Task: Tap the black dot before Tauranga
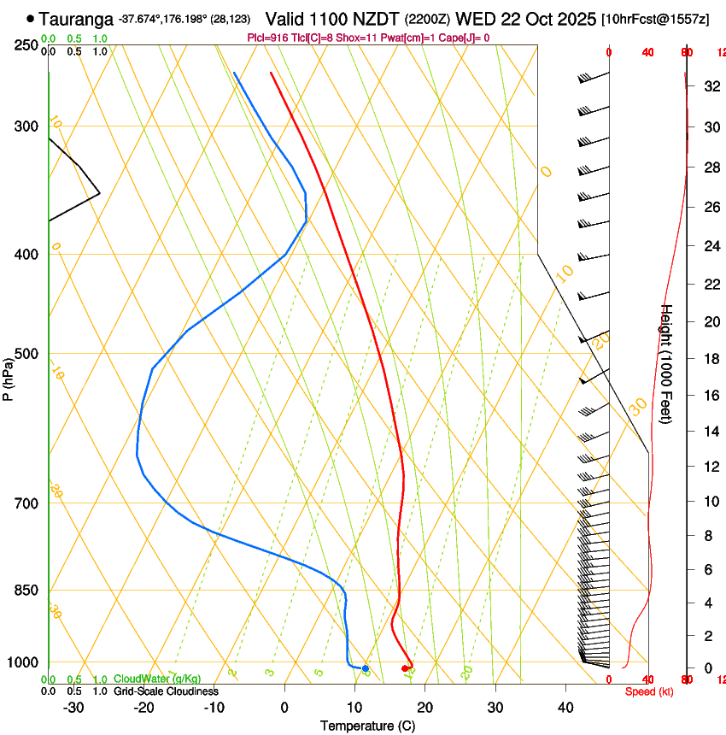[31, 18]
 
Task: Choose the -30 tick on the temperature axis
[73, 708]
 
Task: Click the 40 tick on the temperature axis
[565, 708]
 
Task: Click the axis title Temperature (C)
[367, 726]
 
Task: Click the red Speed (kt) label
[648, 691]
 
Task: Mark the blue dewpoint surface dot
[366, 668]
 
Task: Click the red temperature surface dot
[405, 668]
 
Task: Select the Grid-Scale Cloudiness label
[166, 691]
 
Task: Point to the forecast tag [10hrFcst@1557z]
[655, 19]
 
